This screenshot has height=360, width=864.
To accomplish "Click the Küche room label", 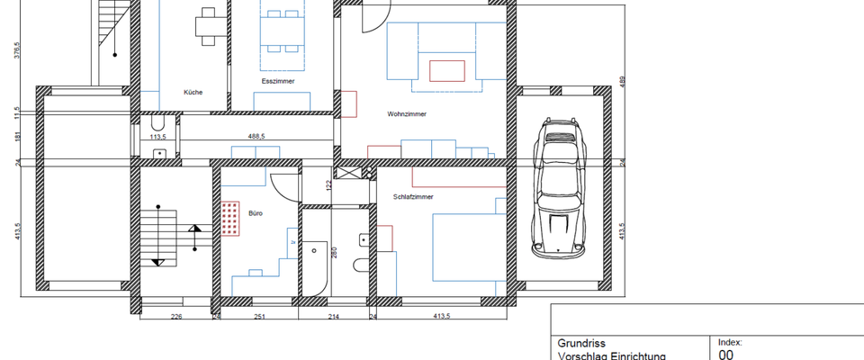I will point(193,92).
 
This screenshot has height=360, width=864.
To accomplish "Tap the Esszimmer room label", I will point(273,81).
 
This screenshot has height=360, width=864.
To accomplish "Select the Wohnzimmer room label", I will point(407,114).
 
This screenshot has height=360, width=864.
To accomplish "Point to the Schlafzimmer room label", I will point(413,196).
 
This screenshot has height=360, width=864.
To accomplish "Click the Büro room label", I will point(256,213).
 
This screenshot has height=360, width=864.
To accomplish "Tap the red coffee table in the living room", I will point(447,70).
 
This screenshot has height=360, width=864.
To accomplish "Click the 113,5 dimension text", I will point(158,138).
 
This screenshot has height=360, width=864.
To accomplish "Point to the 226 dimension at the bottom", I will point(176,317).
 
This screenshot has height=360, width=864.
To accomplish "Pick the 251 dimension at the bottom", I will point(259,317).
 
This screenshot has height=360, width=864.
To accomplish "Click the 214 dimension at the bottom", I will point(333,317).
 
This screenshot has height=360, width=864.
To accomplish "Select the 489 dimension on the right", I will point(621,83).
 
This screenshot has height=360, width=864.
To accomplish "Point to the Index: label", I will point(730,342).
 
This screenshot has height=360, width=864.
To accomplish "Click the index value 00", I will point(726,355).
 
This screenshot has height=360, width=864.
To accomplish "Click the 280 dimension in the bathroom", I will point(333,254).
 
